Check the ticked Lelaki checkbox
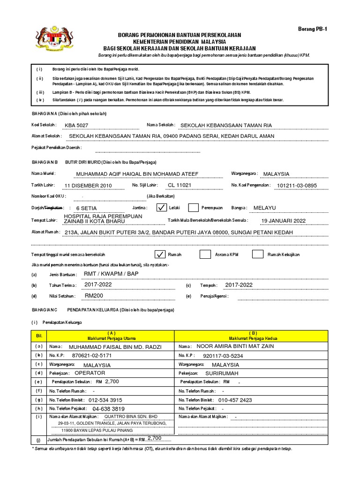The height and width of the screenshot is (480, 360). (x=161, y=208)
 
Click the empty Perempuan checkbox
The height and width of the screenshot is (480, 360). (x=193, y=208)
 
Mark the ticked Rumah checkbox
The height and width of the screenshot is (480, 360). (x=160, y=255)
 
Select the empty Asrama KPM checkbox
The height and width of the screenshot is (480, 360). (x=205, y=255)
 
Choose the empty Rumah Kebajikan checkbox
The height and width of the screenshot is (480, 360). (x=257, y=255)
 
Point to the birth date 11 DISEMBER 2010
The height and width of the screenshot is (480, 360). (x=88, y=186)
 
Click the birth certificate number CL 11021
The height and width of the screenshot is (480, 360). (x=180, y=185)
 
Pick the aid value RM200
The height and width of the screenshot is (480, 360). (x=94, y=296)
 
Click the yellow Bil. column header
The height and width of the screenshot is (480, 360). (x=39, y=336)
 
